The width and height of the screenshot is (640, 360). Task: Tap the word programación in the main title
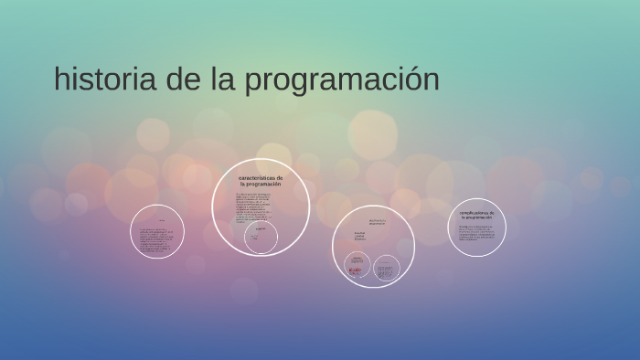342,81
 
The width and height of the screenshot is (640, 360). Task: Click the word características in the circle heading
261,177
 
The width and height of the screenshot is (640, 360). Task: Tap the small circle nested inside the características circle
261,239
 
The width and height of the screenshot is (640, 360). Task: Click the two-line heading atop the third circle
377,221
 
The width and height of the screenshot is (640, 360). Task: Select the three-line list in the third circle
359,238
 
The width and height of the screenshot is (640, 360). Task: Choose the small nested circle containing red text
357,266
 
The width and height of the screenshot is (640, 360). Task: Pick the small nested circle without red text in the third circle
387,266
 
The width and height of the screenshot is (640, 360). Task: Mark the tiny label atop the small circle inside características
261,228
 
